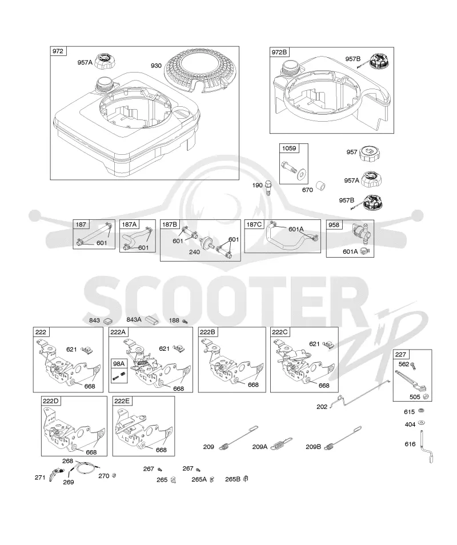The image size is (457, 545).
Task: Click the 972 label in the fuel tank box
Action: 58,51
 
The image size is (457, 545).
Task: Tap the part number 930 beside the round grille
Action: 156,66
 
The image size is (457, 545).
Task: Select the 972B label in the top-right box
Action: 279,52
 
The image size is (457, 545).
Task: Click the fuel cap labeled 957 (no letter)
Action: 369,153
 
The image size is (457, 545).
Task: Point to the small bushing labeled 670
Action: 320,186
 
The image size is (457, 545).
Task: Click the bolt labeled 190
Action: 267,188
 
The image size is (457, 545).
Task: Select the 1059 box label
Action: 289,149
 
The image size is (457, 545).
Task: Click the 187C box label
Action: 254,225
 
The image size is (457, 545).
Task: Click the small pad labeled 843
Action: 108,320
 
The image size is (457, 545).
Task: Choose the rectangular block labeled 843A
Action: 152,319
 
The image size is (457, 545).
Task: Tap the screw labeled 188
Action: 185,321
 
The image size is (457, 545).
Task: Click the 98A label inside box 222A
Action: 118,363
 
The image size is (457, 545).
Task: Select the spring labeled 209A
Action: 281,444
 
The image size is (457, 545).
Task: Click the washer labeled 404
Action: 422,423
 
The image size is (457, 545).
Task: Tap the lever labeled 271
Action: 54,474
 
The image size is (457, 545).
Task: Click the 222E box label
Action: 122,401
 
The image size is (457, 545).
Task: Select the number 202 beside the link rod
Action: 322,407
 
